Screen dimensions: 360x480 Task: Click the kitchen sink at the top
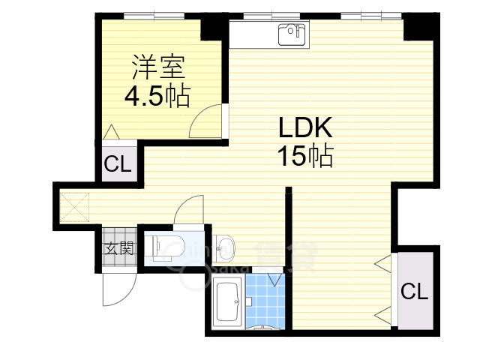[291, 34]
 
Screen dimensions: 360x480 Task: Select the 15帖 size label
[304, 156]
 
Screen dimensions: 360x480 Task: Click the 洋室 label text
[155, 68]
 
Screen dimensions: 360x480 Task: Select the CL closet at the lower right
[414, 290]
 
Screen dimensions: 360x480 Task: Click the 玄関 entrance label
[118, 248]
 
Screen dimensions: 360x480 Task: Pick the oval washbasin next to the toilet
[223, 245]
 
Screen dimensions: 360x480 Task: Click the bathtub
[226, 304]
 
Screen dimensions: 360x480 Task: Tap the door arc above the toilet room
[188, 209]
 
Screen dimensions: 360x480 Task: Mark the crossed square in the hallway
[75, 205]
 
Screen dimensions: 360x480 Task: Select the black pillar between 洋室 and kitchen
[213, 27]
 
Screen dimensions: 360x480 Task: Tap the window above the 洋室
[154, 14]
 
